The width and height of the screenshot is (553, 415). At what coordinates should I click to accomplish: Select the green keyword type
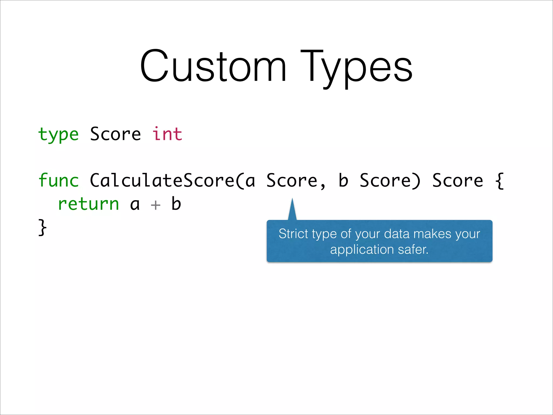[x=58, y=134]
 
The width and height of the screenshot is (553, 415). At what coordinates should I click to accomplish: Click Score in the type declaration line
[x=116, y=134]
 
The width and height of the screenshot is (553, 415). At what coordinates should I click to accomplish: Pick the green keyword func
[x=58, y=180]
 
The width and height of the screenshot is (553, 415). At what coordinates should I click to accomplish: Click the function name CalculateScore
[x=162, y=180]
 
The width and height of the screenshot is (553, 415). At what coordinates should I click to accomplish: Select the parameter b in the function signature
[x=343, y=180]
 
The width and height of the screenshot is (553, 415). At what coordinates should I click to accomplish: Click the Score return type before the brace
[x=458, y=180]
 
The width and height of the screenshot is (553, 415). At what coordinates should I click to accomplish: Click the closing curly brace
[x=42, y=227]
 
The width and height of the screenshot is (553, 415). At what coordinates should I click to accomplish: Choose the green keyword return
[x=88, y=204]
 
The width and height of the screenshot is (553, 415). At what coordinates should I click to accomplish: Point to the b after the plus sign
[x=176, y=204]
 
